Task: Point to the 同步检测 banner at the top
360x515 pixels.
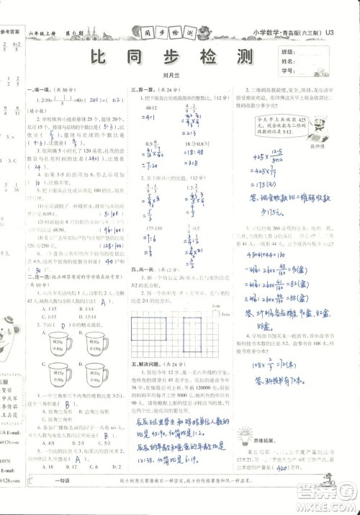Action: pos(167,32)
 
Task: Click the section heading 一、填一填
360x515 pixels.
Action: pos(40,89)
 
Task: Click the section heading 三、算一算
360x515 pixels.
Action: pos(139,89)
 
